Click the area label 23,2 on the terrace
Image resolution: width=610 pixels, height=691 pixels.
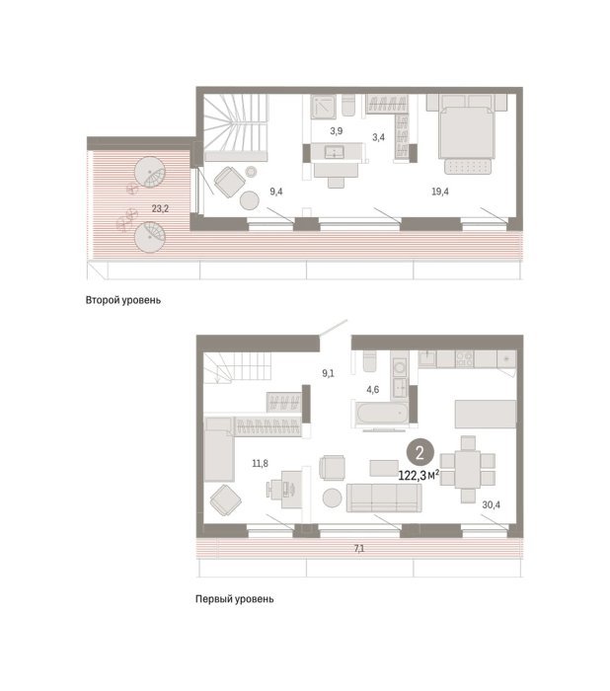[x=160, y=208]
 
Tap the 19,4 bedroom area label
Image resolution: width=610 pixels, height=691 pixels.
[x=440, y=192]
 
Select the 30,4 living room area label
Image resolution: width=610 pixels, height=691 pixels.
[x=491, y=504]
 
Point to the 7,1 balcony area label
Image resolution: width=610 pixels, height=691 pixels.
[x=359, y=549]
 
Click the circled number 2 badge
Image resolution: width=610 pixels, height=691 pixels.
[x=419, y=452]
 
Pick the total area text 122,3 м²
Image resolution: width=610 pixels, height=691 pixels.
[x=419, y=475]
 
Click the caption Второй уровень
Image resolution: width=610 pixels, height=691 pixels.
[x=123, y=300]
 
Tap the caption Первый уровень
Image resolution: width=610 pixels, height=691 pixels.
[x=235, y=599]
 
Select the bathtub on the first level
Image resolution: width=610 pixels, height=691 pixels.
[x=384, y=414]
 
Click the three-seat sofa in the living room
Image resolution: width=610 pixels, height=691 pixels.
[x=384, y=498]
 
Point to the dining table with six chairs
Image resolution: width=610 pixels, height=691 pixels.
[x=468, y=469]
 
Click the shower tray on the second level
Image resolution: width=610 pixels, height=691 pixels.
[x=324, y=107]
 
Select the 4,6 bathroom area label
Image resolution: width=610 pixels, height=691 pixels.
[x=372, y=390]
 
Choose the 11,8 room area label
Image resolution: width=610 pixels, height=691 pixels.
[x=260, y=464]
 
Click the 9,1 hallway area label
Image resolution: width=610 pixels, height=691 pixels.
[x=328, y=374]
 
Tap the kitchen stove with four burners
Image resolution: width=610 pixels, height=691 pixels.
[x=464, y=358]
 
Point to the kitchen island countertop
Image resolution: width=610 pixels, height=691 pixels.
[x=486, y=414]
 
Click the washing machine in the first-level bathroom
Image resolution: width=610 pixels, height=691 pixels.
[x=400, y=366]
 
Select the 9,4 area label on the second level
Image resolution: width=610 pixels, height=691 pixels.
[x=276, y=192]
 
